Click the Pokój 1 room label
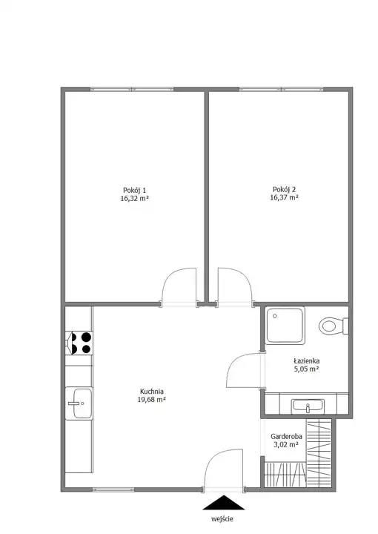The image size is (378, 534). point(134,190)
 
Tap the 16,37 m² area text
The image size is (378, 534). point(284,197)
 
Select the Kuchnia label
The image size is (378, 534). point(152,392)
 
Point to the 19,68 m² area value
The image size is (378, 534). point(152,400)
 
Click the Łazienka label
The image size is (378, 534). point(307,361)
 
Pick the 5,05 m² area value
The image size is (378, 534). point(307,369)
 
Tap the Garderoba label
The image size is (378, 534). point(287,436)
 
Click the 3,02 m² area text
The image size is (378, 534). point(287,444)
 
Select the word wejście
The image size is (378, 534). point(222,519)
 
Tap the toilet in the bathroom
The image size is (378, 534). point(334,326)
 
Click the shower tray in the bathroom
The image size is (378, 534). point(285,326)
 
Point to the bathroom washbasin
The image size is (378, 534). point(308,406)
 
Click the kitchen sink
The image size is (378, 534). point(79,403)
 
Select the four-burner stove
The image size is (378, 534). point(79,343)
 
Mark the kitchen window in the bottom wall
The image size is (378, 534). point(113,489)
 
